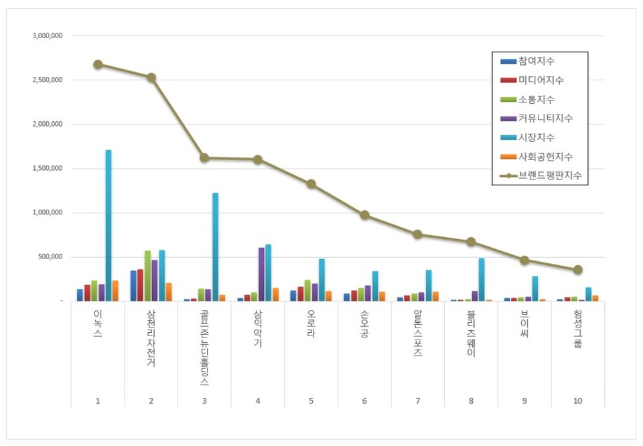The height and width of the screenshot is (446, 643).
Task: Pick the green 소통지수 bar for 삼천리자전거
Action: coord(147,275)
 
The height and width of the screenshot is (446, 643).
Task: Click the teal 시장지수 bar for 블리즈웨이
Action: coord(482,279)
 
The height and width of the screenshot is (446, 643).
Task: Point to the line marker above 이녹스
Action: coord(98,64)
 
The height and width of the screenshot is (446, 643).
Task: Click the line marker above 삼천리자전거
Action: coord(151,77)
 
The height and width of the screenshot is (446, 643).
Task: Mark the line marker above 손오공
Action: coord(364,215)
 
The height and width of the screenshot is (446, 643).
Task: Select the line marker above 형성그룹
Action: coord(578,270)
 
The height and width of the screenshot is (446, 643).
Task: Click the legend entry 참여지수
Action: coord(536,61)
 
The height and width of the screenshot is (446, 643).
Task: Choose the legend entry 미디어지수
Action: coord(540,80)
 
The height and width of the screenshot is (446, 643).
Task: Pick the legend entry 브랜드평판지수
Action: coord(549,175)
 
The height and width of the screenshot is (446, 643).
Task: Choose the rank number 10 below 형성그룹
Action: coord(578,400)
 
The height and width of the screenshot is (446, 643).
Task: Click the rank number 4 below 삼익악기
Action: coord(258,400)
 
